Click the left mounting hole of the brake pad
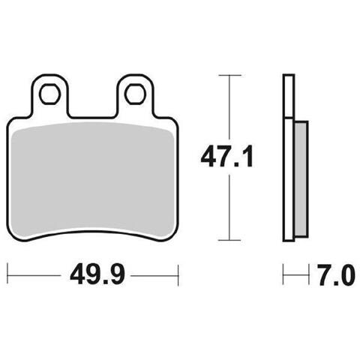(x=50, y=94)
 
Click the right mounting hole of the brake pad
(x=136, y=94)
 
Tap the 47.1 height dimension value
(x=227, y=157)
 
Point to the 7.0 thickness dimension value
(x=337, y=275)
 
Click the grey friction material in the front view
(x=93, y=179)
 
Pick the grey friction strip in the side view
(x=301, y=178)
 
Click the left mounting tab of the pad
(x=50, y=95)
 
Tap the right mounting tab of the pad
(x=136, y=95)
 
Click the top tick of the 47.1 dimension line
(x=229, y=75)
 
